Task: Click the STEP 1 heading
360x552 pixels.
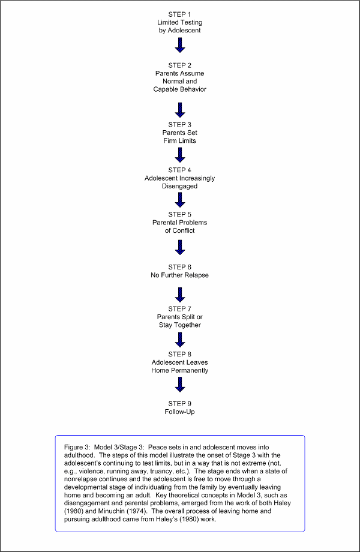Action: pyautogui.click(x=179, y=14)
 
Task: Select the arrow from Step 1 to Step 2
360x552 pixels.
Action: pyautogui.click(x=180, y=45)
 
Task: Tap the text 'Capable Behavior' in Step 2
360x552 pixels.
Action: pyautogui.click(x=179, y=89)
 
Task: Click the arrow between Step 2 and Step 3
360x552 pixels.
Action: pyautogui.click(x=180, y=110)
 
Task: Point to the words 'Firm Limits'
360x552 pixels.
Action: pyautogui.click(x=179, y=141)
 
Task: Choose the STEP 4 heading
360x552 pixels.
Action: pyautogui.click(x=179, y=170)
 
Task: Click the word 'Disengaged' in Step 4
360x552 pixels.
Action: pyautogui.click(x=179, y=186)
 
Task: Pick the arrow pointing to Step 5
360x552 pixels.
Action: pyautogui.click(x=180, y=200)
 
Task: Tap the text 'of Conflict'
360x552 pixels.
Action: pyautogui.click(x=179, y=230)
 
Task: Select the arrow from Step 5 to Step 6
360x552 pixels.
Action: pyautogui.click(x=180, y=247)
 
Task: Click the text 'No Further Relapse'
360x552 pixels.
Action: pyautogui.click(x=179, y=275)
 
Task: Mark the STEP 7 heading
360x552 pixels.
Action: pyautogui.click(x=179, y=309)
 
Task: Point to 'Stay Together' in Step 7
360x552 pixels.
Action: pyautogui.click(x=179, y=325)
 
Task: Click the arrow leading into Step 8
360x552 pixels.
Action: pyautogui.click(x=180, y=340)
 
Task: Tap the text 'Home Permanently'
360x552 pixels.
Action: pyautogui.click(x=179, y=370)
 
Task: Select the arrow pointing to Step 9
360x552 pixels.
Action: pyautogui.click(x=180, y=385)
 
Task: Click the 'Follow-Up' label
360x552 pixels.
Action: pyautogui.click(x=179, y=412)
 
